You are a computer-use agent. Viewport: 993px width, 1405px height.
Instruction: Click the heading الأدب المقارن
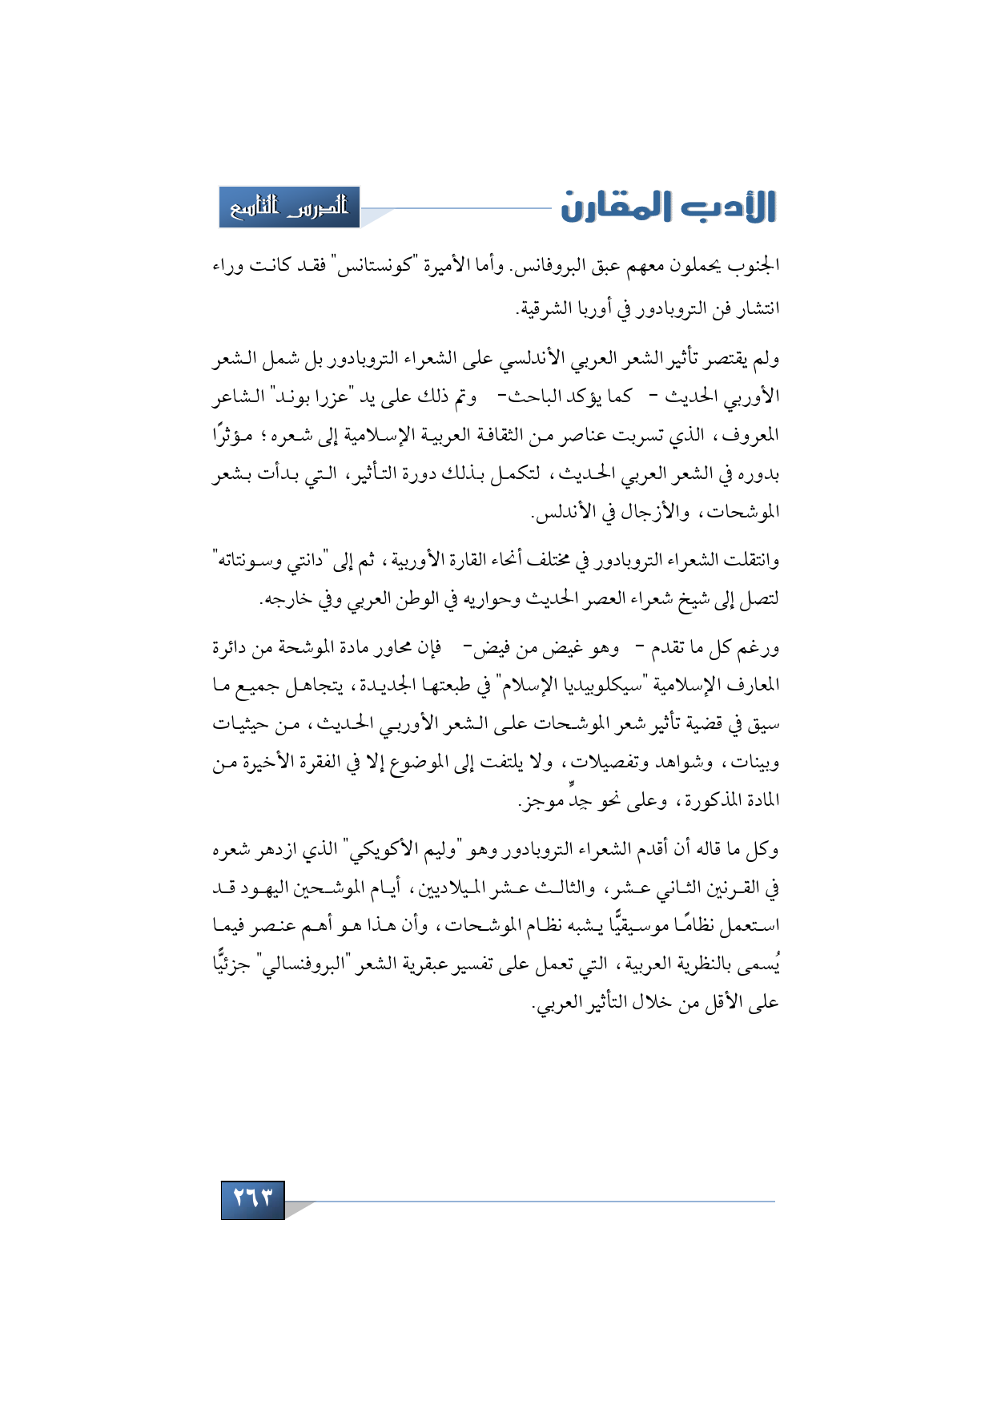(x=668, y=207)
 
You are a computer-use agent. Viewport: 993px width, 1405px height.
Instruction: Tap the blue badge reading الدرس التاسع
(x=289, y=207)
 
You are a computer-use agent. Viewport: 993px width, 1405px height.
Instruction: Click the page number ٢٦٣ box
(x=252, y=1199)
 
